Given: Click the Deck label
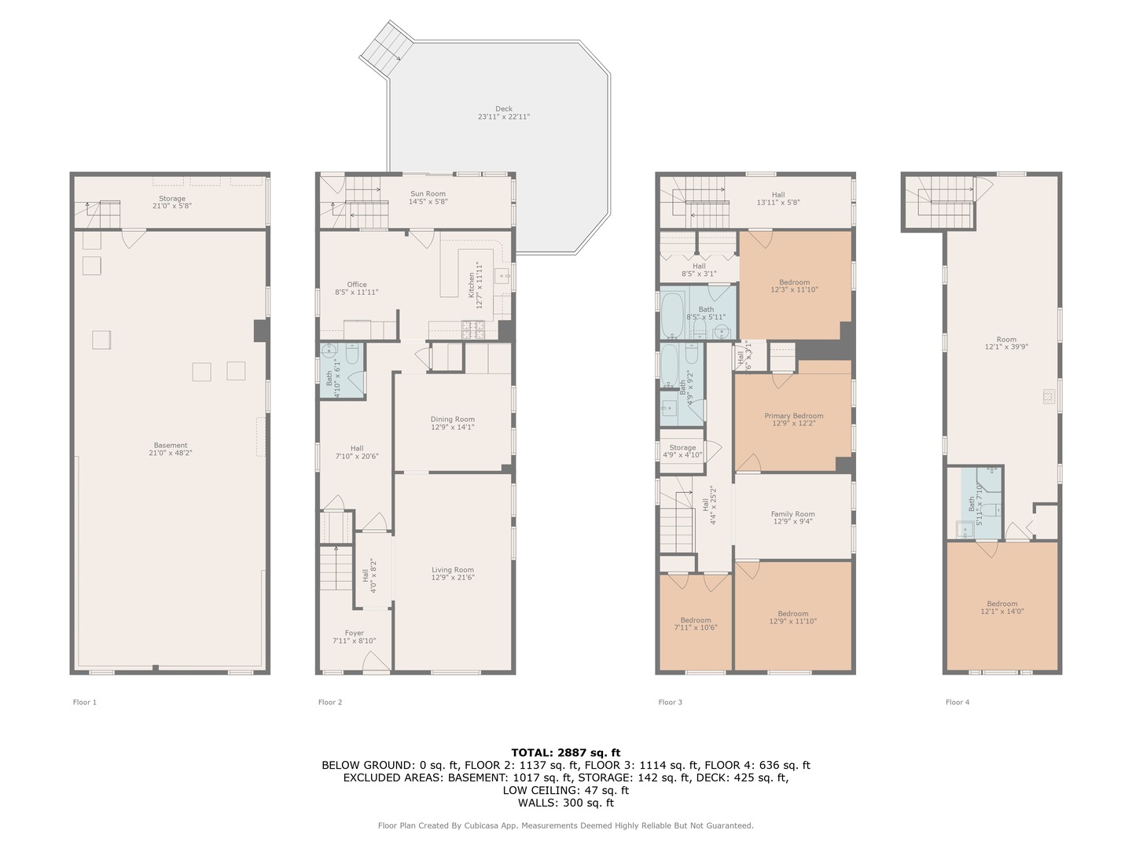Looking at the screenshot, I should pos(504,113).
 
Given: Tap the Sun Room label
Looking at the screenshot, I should pos(428,197).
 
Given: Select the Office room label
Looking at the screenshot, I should pos(357,289).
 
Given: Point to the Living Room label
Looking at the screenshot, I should pos(453,574).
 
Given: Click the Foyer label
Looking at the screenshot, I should pos(355,637).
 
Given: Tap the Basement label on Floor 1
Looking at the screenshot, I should pos(171,449).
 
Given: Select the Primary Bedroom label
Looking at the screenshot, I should pos(794,420).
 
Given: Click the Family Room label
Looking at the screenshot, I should pos(792,517).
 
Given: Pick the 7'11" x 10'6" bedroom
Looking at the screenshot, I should pos(696,623).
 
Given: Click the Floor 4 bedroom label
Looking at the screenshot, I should pos(1002,608).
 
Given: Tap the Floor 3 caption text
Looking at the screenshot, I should pos(670,702).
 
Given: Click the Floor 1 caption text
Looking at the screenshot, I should pos(85,702).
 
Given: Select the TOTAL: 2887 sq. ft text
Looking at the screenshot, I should pos(565,752).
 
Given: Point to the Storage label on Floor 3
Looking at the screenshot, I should pos(682,450).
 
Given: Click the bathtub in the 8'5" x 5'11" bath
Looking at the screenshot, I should pos(672,314).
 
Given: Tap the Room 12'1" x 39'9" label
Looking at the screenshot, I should pos(1006,344).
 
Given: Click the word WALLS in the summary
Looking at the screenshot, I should pos(535,803).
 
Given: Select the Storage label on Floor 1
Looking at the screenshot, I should pos(172,202).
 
